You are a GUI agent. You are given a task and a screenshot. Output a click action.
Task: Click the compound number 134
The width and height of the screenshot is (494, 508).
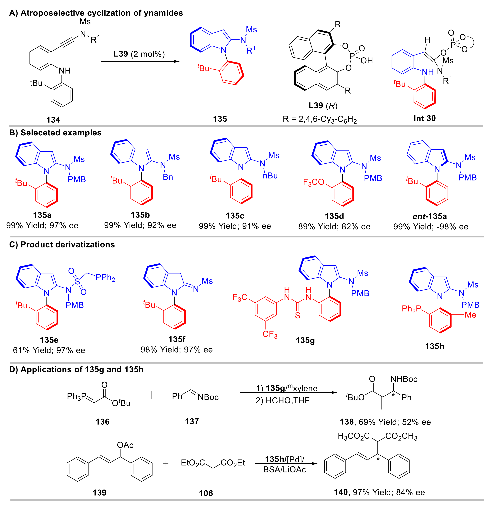click(53, 120)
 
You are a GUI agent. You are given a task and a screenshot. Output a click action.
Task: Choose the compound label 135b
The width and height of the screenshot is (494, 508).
click(140, 215)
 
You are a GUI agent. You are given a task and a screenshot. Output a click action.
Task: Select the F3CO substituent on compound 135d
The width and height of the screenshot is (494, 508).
click(313, 182)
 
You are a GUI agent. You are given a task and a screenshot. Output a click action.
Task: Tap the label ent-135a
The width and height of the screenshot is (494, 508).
click(430, 216)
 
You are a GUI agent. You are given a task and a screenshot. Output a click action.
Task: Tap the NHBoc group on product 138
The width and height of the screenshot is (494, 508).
click(404, 379)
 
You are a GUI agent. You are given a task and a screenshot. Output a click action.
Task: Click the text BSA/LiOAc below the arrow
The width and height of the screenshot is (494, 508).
click(285, 470)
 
